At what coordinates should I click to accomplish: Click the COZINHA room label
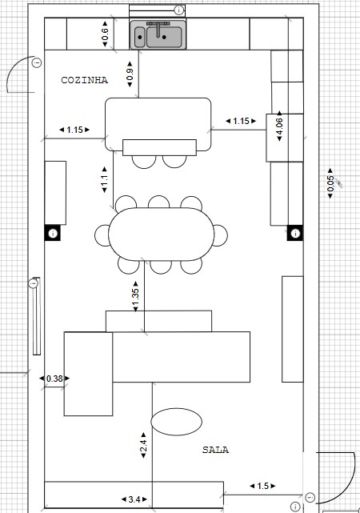(x=84, y=80)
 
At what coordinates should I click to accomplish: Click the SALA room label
(x=215, y=450)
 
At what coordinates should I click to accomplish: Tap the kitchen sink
(x=158, y=34)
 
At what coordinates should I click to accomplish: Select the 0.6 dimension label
(x=105, y=34)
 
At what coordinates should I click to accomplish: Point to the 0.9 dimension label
(x=130, y=74)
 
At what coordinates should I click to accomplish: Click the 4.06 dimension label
(x=279, y=126)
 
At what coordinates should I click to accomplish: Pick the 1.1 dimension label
(x=104, y=179)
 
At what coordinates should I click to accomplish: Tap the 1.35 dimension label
(x=136, y=296)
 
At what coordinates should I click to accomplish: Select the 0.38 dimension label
(x=54, y=379)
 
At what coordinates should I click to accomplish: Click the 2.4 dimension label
(x=143, y=445)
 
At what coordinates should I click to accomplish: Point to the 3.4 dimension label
(x=134, y=499)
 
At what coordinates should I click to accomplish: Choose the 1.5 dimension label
(x=262, y=486)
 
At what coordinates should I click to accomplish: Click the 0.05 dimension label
(x=330, y=183)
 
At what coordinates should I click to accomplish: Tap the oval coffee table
(x=177, y=422)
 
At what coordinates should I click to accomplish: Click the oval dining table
(x=161, y=234)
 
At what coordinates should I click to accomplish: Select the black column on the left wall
(x=53, y=233)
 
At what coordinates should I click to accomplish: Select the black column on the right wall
(x=295, y=233)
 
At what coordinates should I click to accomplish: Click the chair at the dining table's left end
(x=102, y=235)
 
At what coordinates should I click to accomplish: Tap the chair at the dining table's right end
(x=221, y=235)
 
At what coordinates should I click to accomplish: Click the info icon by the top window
(x=179, y=10)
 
